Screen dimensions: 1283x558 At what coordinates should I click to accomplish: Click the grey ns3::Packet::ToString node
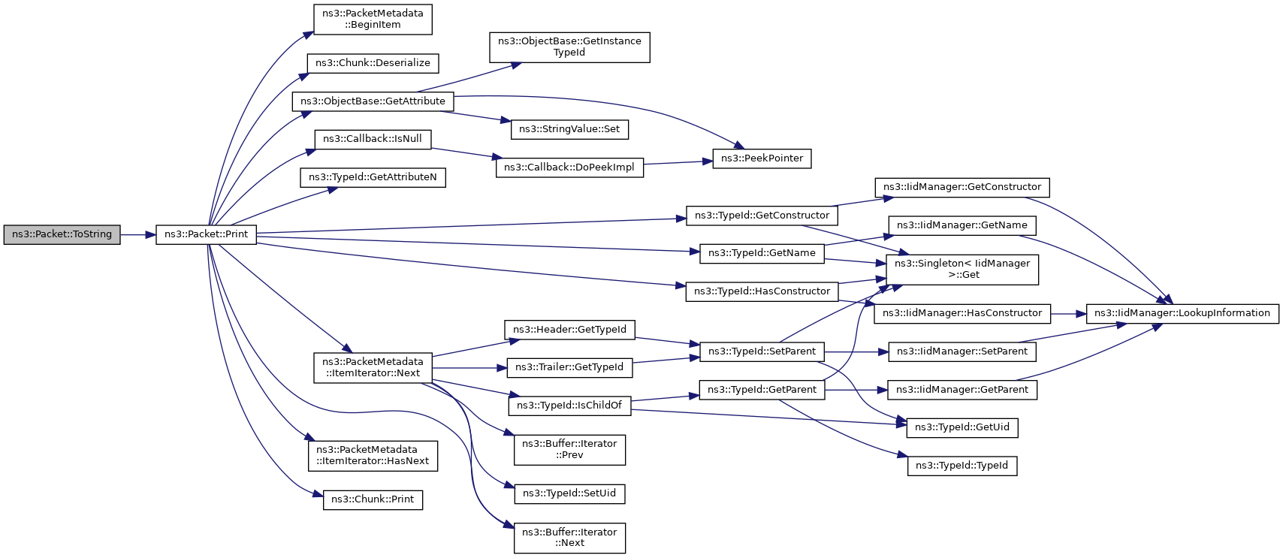pyautogui.click(x=62, y=235)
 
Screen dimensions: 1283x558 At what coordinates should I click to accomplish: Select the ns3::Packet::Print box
pyautogui.click(x=206, y=235)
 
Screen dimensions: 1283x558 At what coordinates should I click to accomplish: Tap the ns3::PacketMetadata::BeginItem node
pyautogui.click(x=373, y=20)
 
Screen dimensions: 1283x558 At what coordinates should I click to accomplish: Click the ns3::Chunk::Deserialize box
pyautogui.click(x=373, y=63)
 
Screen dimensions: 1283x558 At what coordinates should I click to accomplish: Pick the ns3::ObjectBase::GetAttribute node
pyautogui.click(x=373, y=101)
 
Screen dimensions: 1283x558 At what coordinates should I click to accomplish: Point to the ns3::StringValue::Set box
pyautogui.click(x=569, y=129)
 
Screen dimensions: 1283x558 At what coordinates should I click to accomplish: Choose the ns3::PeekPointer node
pyautogui.click(x=762, y=158)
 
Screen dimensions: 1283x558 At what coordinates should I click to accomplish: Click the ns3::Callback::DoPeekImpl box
pyautogui.click(x=569, y=168)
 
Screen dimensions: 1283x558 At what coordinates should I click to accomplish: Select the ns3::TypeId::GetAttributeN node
pyautogui.click(x=373, y=177)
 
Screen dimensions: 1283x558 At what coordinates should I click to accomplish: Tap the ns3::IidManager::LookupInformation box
pyautogui.click(x=1183, y=313)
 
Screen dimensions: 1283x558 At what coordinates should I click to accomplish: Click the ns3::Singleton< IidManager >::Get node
pyautogui.click(x=962, y=270)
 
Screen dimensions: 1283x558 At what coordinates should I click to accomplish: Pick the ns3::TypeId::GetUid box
pyautogui.click(x=962, y=428)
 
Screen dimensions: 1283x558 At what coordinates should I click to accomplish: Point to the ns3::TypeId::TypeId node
pyautogui.click(x=962, y=466)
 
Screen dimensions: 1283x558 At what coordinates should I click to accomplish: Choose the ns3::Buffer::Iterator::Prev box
pyautogui.click(x=569, y=450)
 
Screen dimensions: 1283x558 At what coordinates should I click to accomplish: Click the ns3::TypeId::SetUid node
pyautogui.click(x=569, y=494)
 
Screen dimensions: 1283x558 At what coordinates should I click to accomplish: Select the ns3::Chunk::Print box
pyautogui.click(x=373, y=499)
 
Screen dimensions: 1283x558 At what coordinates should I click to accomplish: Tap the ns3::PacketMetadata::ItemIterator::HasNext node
pyautogui.click(x=373, y=456)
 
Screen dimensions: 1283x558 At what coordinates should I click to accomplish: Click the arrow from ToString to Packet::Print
pyautogui.click(x=138, y=235)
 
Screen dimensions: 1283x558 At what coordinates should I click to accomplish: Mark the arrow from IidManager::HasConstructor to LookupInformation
pyautogui.click(x=1068, y=314)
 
